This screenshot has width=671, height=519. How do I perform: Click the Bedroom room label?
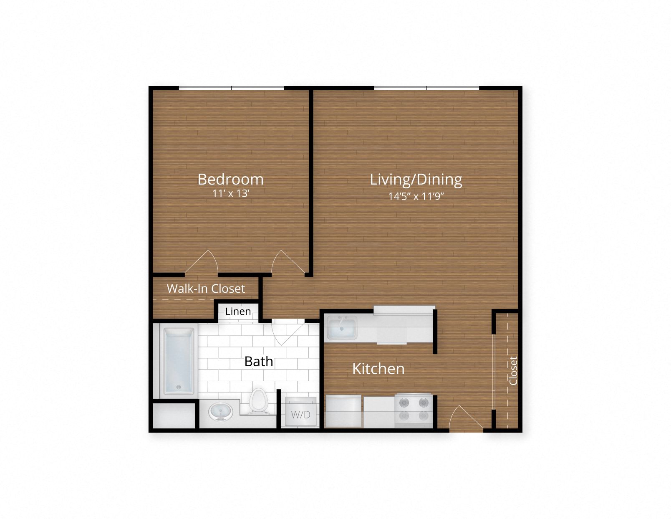(230, 179)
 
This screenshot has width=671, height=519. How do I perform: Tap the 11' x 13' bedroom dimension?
(230, 194)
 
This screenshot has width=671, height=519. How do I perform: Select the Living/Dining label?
(416, 179)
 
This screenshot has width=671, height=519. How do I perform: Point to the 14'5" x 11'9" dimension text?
(416, 196)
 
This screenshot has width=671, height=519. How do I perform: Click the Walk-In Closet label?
(206, 289)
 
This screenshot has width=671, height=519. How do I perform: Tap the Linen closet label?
(238, 311)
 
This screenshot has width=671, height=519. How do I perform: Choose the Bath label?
(259, 361)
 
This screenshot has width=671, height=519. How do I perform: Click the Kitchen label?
(378, 369)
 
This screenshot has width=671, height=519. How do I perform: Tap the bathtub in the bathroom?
(179, 362)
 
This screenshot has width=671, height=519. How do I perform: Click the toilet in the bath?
(259, 401)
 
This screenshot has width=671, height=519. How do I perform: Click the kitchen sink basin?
(342, 327)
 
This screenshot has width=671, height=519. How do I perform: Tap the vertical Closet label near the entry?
(513, 370)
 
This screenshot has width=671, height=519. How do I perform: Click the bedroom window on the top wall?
(231, 88)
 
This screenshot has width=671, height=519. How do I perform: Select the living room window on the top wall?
(426, 88)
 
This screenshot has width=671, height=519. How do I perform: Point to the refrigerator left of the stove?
(343, 411)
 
